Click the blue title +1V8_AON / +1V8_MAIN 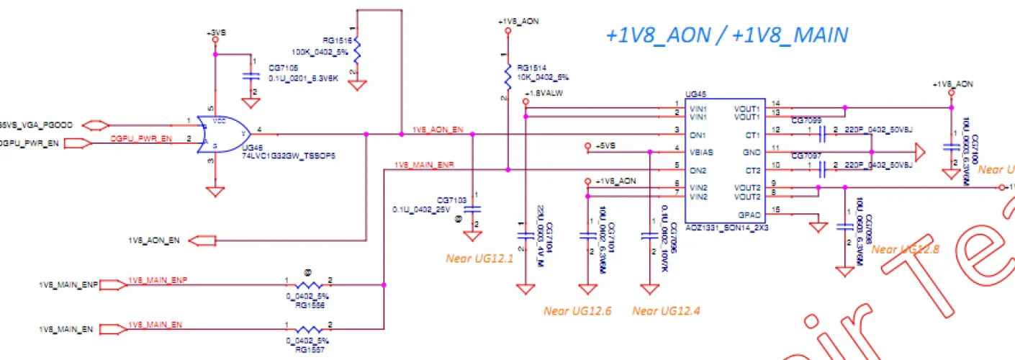point(726,35)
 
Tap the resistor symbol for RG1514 point(508,74)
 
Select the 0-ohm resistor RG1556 point(307,285)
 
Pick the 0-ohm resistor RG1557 point(307,329)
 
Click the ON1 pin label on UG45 point(696,135)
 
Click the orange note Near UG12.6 point(577,311)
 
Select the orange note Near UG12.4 point(666,311)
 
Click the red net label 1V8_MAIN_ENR point(424,166)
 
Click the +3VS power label point(215,34)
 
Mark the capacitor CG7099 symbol point(821,130)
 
